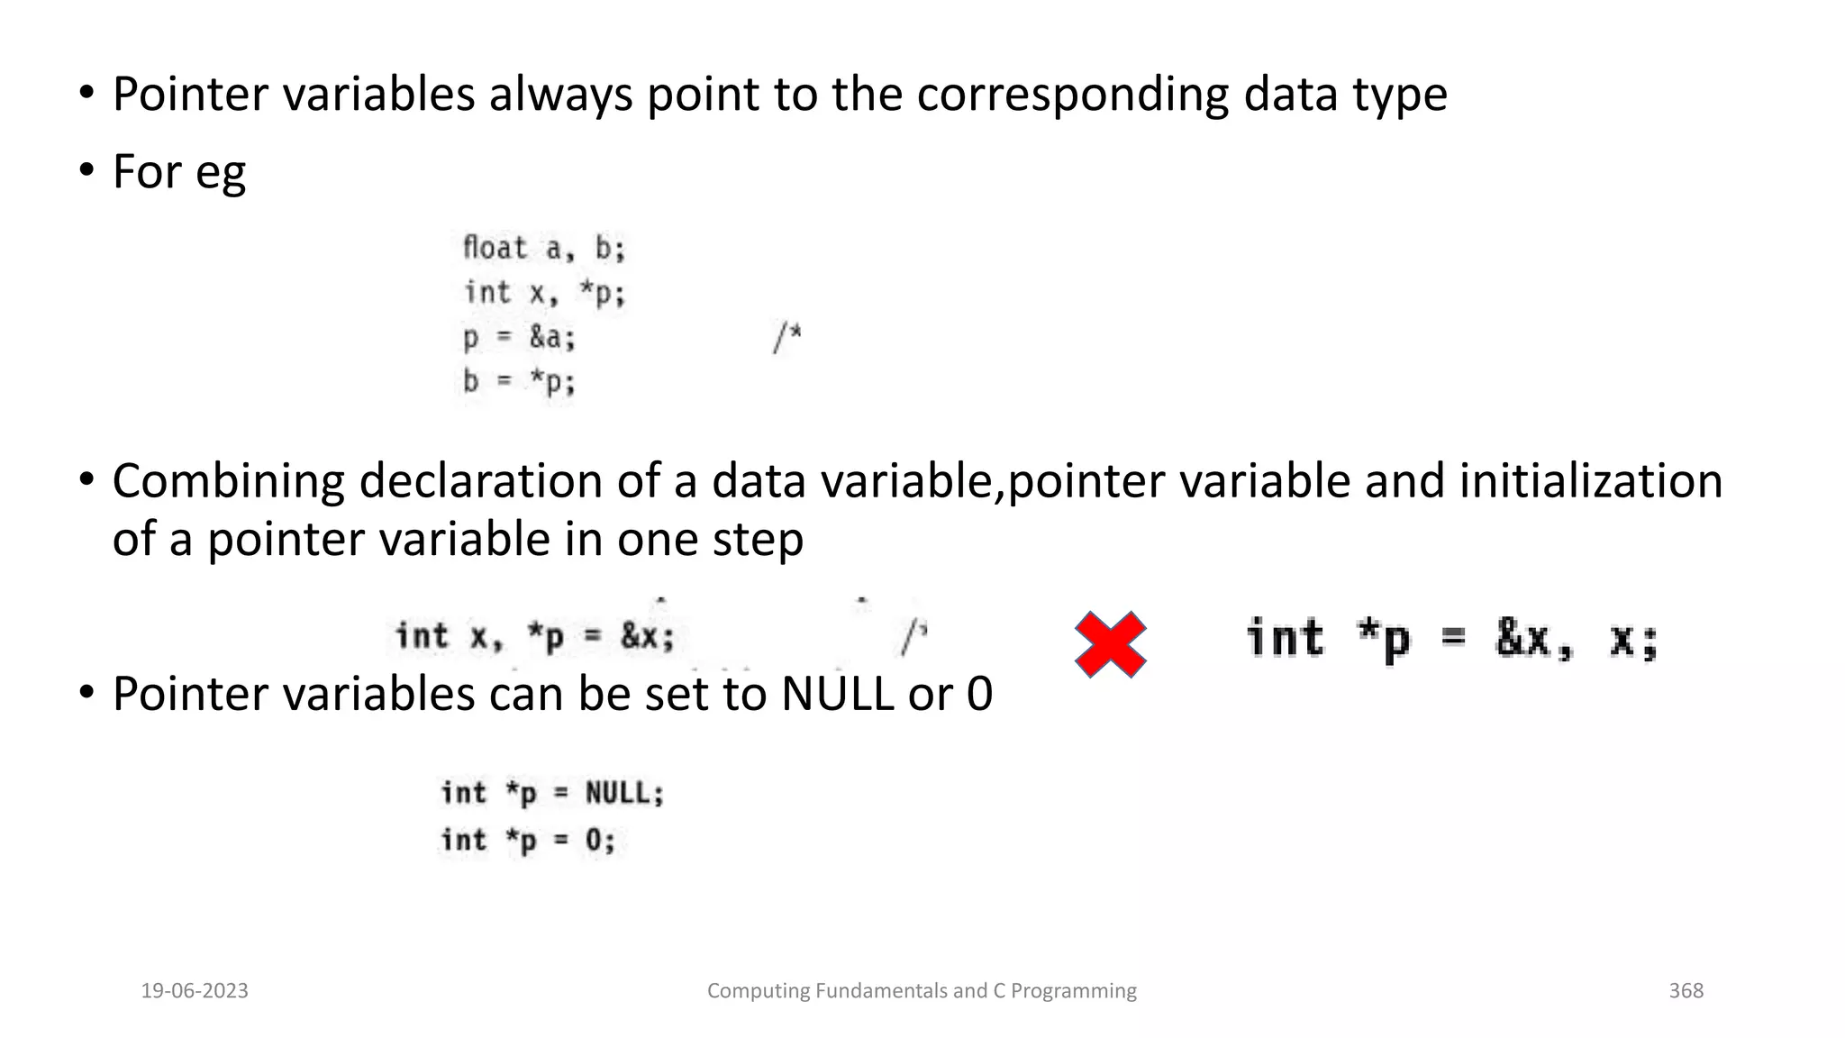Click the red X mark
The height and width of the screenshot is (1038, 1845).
[x=1110, y=643]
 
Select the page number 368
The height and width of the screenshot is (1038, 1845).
[x=1686, y=990]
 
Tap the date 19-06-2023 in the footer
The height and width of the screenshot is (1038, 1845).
[x=195, y=990]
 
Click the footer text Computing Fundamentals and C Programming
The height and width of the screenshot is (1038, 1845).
[x=922, y=990]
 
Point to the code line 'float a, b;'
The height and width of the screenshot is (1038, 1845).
[x=543, y=248]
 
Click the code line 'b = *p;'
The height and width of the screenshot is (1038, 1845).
[x=519, y=382]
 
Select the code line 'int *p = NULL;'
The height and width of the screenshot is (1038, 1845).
[x=552, y=793]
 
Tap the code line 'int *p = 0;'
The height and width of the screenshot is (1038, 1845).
[x=528, y=840]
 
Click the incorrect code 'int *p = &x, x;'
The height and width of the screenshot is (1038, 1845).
[x=1451, y=640]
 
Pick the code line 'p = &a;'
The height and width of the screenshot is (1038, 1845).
[x=519, y=338]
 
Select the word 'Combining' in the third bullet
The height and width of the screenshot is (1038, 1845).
[x=228, y=481]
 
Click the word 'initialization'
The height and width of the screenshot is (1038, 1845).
[x=1590, y=480]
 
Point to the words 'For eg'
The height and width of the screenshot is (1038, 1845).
[x=178, y=171]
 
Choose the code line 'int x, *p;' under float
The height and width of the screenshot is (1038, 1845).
[x=543, y=293]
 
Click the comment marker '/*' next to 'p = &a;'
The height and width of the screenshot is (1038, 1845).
[x=786, y=338]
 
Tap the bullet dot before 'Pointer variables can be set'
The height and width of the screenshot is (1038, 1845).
[x=86, y=692]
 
